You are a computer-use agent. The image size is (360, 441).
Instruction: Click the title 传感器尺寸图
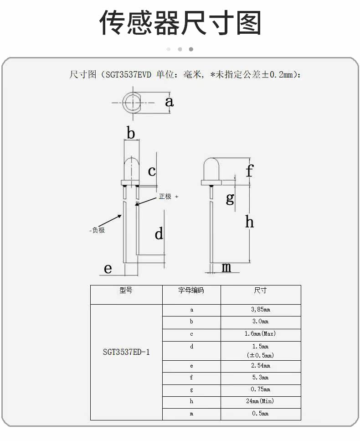(180, 23)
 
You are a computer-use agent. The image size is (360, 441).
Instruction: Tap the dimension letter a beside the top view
(169, 102)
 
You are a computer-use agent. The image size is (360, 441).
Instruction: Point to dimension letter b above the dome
(131, 133)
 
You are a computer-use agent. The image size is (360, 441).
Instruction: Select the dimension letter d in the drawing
(159, 233)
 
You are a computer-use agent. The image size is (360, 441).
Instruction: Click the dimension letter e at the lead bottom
(108, 269)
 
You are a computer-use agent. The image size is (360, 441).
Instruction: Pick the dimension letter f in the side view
(249, 171)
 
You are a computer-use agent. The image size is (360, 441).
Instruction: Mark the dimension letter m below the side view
(226, 267)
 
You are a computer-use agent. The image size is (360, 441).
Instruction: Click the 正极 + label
(169, 196)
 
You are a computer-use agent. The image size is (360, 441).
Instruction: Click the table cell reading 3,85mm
(261, 310)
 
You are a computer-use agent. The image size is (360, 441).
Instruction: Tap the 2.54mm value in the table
(261, 366)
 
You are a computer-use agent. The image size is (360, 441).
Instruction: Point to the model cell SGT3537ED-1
(126, 352)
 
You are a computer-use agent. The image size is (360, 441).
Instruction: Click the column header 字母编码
(191, 290)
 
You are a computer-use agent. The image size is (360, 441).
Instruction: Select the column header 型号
(126, 290)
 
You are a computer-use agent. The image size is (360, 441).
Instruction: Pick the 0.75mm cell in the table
(261, 389)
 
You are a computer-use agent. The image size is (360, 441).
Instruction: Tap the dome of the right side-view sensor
(211, 169)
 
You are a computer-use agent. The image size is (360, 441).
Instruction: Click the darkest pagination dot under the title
(191, 49)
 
